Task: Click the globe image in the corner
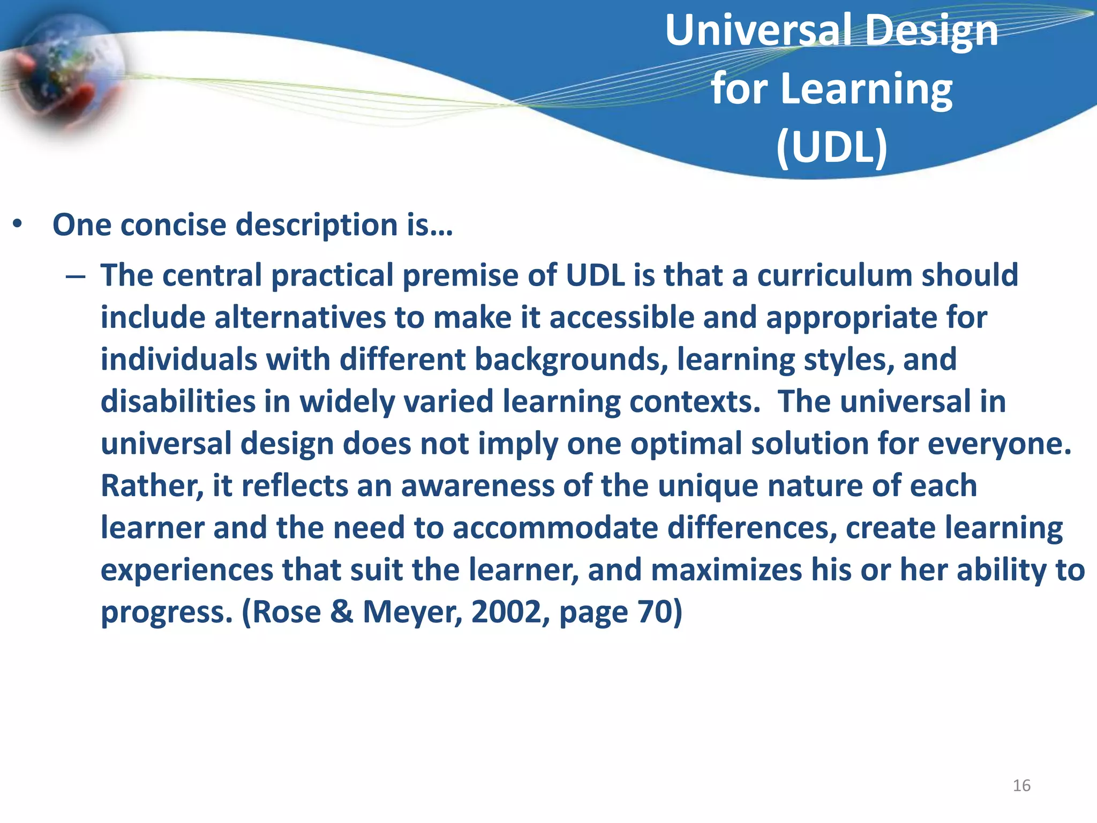point(67,72)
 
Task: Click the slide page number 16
point(1021,785)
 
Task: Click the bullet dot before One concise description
point(18,225)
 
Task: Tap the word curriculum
point(835,275)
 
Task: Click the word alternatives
point(300,318)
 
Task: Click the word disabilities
point(177,402)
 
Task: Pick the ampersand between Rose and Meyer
point(342,612)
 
